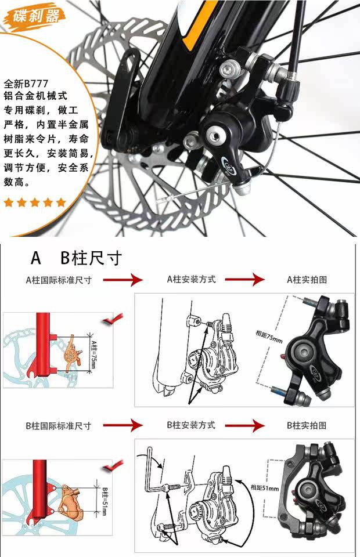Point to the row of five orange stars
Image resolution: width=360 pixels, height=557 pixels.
35,202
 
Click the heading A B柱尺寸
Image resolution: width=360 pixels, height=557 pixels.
75,258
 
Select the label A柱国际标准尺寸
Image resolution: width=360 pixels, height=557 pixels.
58,280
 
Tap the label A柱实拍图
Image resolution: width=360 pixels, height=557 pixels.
307,280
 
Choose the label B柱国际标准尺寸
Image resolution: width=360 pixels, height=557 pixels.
58,425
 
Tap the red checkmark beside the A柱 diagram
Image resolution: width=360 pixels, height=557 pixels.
113,319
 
